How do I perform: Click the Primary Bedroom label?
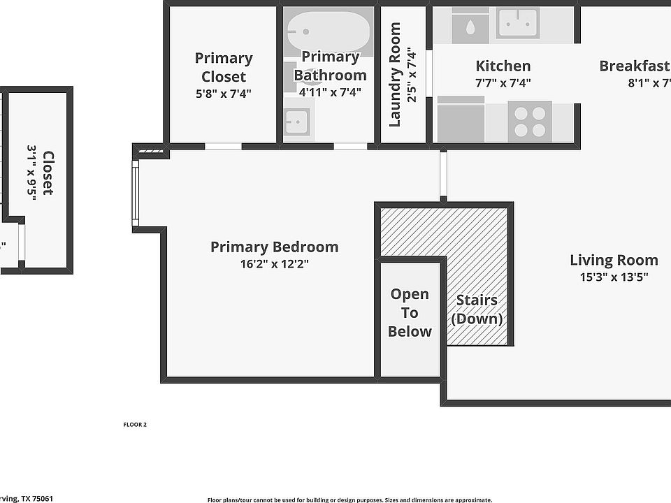274,247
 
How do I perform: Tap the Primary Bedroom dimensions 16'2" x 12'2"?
274,264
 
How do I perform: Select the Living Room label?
613,260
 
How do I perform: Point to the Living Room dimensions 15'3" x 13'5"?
613,277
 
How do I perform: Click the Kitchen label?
503,66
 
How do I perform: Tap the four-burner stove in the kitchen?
529,122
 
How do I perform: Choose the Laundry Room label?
395,75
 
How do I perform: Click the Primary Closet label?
223,67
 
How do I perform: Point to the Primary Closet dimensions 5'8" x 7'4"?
223,93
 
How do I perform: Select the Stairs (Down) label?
477,309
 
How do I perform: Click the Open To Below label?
410,312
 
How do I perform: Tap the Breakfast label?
633,66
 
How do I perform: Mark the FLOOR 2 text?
135,424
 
